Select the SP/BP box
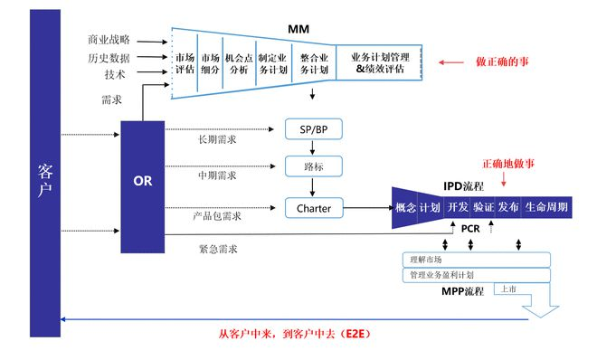point(310,128)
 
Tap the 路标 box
point(310,167)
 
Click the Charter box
point(314,208)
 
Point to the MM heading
point(298,31)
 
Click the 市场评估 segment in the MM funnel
point(185,63)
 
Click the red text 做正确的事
point(503,62)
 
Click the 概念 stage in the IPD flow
point(404,207)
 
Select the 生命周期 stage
point(547,207)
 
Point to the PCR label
point(469,230)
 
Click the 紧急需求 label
point(220,248)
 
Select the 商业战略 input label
point(109,40)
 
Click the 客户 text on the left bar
point(45,179)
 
